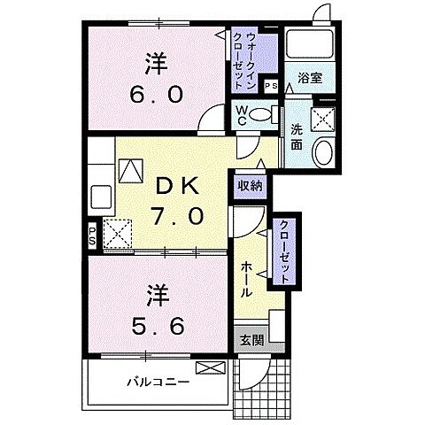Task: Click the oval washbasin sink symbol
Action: (x=323, y=151)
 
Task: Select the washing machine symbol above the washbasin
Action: (x=324, y=117)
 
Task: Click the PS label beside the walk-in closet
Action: (x=269, y=85)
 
